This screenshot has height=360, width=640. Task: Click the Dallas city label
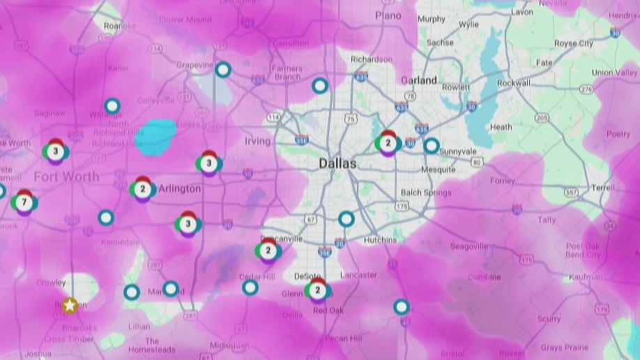click(337, 164)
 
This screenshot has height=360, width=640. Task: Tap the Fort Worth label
click(66, 177)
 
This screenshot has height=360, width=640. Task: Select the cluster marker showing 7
click(24, 202)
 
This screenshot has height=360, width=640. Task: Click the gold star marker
click(70, 305)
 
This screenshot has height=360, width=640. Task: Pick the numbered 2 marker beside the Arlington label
click(142, 189)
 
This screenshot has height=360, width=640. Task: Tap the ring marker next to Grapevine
click(222, 70)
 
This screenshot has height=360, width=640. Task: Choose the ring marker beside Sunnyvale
click(432, 146)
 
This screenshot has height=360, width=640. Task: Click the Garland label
click(418, 80)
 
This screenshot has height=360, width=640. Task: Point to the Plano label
click(388, 15)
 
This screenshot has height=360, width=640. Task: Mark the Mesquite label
click(439, 170)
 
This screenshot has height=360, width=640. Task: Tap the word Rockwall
click(514, 83)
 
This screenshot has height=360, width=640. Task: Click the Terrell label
click(602, 188)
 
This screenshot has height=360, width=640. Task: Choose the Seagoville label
click(468, 246)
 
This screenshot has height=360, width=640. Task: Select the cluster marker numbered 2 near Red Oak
click(318, 290)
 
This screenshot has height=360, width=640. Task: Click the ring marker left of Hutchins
click(346, 219)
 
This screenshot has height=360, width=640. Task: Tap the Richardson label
click(372, 60)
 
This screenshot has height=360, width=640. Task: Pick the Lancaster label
click(358, 276)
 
